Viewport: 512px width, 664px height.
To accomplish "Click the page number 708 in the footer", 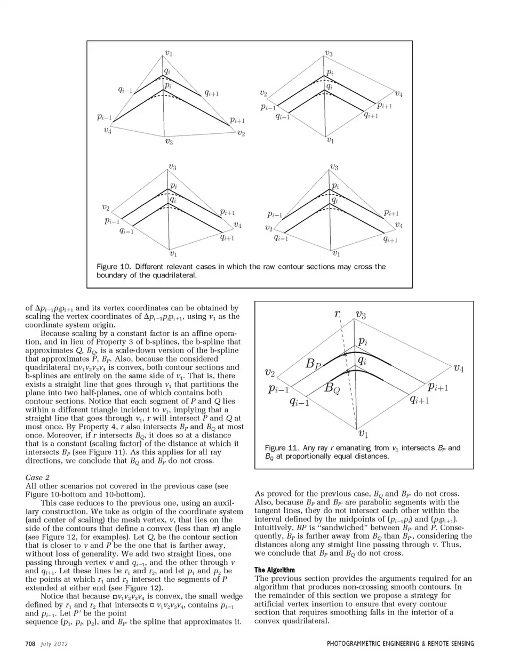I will click(x=30, y=644).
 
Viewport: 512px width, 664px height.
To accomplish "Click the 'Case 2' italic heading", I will click(x=37, y=477).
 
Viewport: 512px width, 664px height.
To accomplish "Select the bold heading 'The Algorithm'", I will click(x=274, y=570).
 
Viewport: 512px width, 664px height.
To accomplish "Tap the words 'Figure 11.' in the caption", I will click(x=282, y=448).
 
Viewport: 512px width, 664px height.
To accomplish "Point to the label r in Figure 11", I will click(x=337, y=314).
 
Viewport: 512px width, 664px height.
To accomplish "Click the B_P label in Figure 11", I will click(x=314, y=364).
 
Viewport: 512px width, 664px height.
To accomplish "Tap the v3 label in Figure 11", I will click(x=360, y=315).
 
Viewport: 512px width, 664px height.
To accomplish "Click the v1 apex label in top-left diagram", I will click(x=169, y=53).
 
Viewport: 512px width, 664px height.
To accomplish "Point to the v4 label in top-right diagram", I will click(x=398, y=94).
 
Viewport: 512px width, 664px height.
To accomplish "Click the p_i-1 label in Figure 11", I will click(x=279, y=389).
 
